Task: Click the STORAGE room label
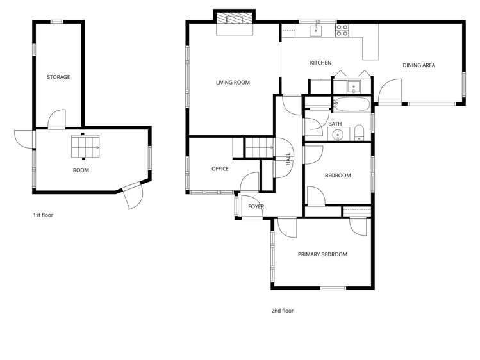[58, 77]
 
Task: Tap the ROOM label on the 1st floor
[81, 170]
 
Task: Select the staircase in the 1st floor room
[85, 146]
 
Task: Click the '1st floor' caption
[44, 215]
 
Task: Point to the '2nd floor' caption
[282, 311]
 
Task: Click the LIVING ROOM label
[233, 83]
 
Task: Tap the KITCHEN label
[320, 63]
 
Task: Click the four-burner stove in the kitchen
[342, 29]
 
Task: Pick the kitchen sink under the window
[316, 29]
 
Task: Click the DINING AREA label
[419, 65]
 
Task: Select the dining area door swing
[388, 91]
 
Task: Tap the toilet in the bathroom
[359, 133]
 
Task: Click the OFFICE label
[220, 169]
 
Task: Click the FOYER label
[256, 206]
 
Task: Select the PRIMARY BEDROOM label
[322, 254]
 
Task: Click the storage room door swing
[57, 119]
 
